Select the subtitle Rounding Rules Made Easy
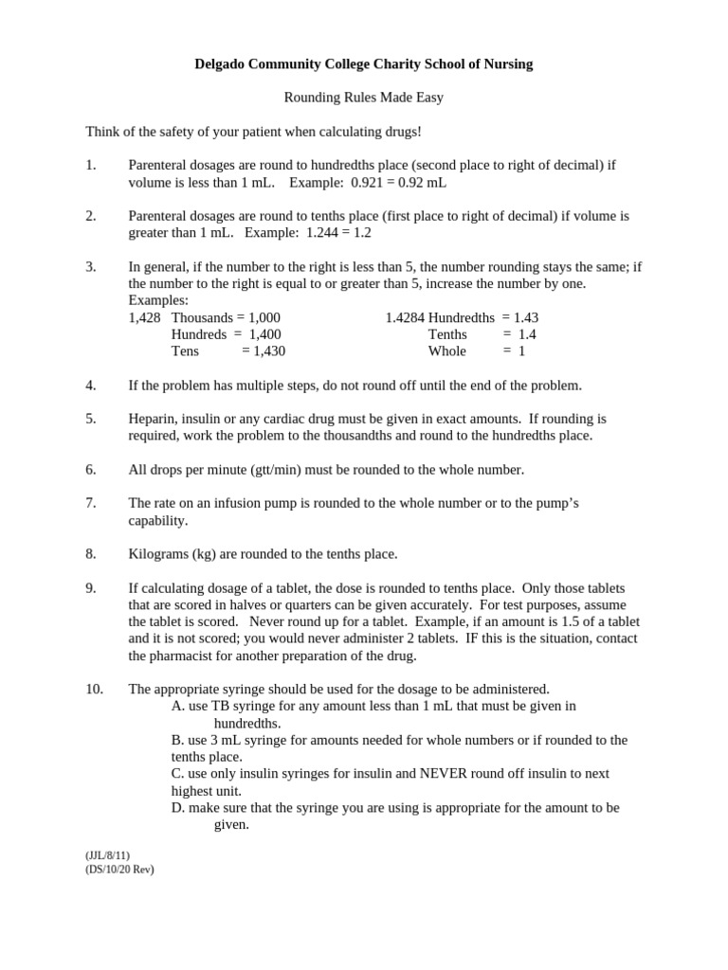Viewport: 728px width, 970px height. pyautogui.click(x=364, y=98)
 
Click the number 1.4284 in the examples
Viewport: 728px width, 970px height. pyautogui.click(x=405, y=317)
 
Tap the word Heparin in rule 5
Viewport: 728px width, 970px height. pyautogui.click(x=153, y=418)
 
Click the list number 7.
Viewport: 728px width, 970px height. pyautogui.click(x=90, y=503)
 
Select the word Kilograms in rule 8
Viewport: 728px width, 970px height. pyautogui.click(x=158, y=554)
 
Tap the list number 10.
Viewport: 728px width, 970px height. pyautogui.click(x=94, y=690)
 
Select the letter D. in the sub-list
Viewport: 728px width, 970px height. pyautogui.click(x=178, y=808)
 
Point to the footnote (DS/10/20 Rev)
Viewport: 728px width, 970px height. pyautogui.click(x=119, y=869)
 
